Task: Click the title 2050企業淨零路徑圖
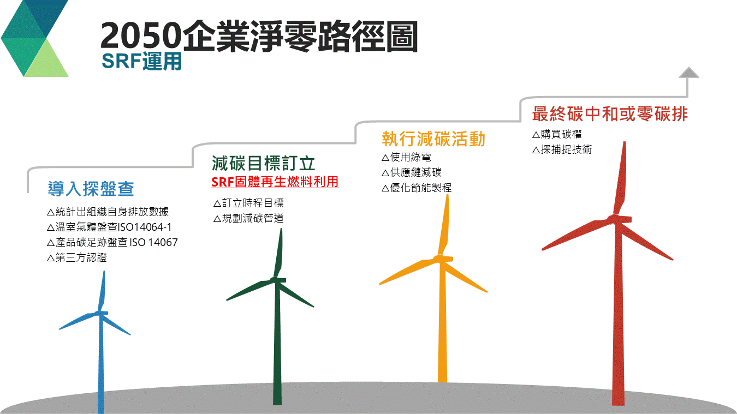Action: click(259, 37)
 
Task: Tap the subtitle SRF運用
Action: click(141, 62)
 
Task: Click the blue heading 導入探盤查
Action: click(91, 189)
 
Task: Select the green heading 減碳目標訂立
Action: click(263, 163)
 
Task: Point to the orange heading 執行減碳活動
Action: click(433, 139)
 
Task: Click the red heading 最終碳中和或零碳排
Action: click(609, 114)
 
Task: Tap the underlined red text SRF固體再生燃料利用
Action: click(275, 182)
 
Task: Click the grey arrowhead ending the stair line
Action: click(689, 73)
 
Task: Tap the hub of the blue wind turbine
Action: click(100, 313)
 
